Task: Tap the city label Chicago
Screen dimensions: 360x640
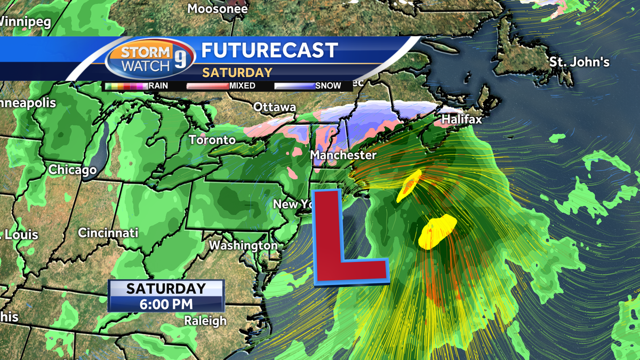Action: pyautogui.click(x=73, y=170)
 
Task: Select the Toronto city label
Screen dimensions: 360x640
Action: pyautogui.click(x=212, y=140)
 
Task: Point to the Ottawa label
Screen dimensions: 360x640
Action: pyautogui.click(x=274, y=107)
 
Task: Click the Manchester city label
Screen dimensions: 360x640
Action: pyautogui.click(x=343, y=155)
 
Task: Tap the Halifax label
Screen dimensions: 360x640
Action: pyautogui.click(x=461, y=119)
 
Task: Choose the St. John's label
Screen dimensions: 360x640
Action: pyautogui.click(x=579, y=62)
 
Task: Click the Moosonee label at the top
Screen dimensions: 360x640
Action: pyautogui.click(x=218, y=9)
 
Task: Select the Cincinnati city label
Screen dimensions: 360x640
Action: pyautogui.click(x=108, y=233)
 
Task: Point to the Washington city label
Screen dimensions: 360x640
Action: pyautogui.click(x=243, y=245)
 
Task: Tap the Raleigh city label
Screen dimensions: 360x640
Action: pyautogui.click(x=205, y=321)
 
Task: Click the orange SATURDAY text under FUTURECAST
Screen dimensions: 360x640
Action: pyautogui.click(x=237, y=73)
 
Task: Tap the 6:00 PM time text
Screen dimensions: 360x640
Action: pyautogui.click(x=166, y=303)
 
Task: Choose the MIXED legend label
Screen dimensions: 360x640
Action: pyautogui.click(x=242, y=85)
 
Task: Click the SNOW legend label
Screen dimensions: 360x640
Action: pyautogui.click(x=328, y=85)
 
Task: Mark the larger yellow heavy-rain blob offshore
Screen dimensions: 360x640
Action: pyautogui.click(x=438, y=231)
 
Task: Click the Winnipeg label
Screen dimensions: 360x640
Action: pyautogui.click(x=25, y=22)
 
